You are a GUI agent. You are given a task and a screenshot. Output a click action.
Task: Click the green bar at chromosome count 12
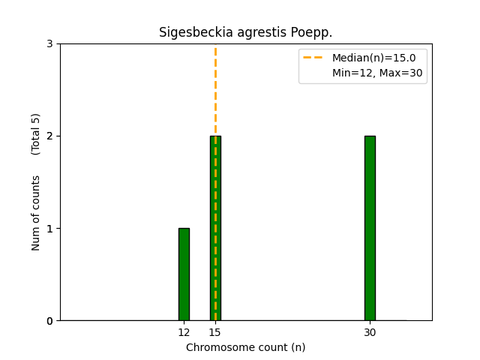click(x=184, y=274)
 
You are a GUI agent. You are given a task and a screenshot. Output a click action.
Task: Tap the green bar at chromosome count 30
click(x=370, y=228)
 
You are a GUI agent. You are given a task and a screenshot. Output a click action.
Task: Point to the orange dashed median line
click(x=215, y=90)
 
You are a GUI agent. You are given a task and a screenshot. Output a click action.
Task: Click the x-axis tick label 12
click(x=184, y=332)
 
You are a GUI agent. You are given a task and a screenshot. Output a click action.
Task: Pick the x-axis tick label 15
click(x=215, y=332)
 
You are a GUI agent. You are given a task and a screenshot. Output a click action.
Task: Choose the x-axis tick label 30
click(x=370, y=332)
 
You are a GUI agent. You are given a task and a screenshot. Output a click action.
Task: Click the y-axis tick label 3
click(x=49, y=44)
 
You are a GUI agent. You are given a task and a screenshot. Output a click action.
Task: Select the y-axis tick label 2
click(x=49, y=136)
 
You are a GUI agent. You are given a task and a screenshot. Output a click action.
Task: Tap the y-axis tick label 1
click(x=49, y=229)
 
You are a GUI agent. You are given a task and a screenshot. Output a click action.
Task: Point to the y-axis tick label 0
click(x=49, y=321)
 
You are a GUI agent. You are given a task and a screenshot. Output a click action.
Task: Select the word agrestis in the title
click(x=255, y=33)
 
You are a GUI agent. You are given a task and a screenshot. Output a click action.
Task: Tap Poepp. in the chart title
click(x=311, y=33)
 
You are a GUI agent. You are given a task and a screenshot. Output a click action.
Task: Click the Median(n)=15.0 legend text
click(x=373, y=58)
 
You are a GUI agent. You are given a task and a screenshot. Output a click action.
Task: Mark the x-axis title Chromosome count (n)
click(x=245, y=347)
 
